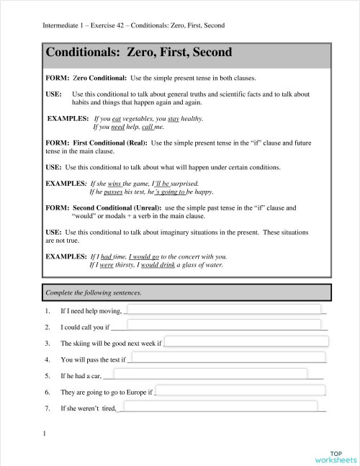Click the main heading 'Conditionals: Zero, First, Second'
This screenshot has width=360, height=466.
pos(130,53)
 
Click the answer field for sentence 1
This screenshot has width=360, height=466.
pos(223,310)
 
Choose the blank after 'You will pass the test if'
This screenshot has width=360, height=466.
pos(226,358)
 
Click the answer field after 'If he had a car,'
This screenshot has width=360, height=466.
pos(206,374)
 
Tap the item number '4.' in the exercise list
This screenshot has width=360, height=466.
pos(47,359)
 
